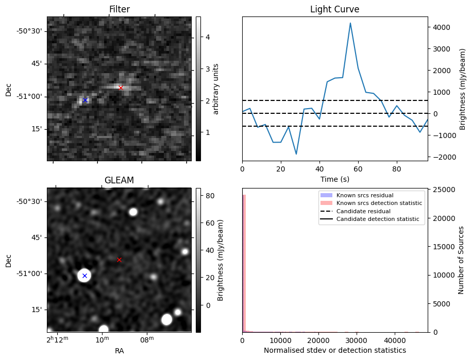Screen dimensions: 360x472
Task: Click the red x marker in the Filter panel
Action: point(121,88)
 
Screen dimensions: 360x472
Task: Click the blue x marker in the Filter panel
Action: point(85,100)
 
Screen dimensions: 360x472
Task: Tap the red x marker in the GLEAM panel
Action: point(119,260)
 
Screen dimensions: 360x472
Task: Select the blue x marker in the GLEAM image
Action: point(85,276)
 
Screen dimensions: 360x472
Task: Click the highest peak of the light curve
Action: point(350,23)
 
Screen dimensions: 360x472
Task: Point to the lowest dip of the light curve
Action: point(296,154)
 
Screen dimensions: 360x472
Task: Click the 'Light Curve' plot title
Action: point(334,9)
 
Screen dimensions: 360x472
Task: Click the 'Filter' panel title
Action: point(119,9)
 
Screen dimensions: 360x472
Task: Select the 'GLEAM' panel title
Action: point(119,180)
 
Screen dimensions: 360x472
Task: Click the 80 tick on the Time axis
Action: point(397,168)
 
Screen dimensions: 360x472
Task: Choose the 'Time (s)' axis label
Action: point(334,178)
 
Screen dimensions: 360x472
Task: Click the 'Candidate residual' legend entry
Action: point(363,211)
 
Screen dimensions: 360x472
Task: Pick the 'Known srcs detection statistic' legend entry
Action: point(379,203)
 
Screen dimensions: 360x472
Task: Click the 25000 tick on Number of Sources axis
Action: point(443,190)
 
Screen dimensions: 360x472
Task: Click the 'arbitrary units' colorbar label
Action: point(216,89)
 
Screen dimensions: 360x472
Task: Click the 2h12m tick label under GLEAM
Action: point(57,340)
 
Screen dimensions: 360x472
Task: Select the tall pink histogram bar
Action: point(244,263)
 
